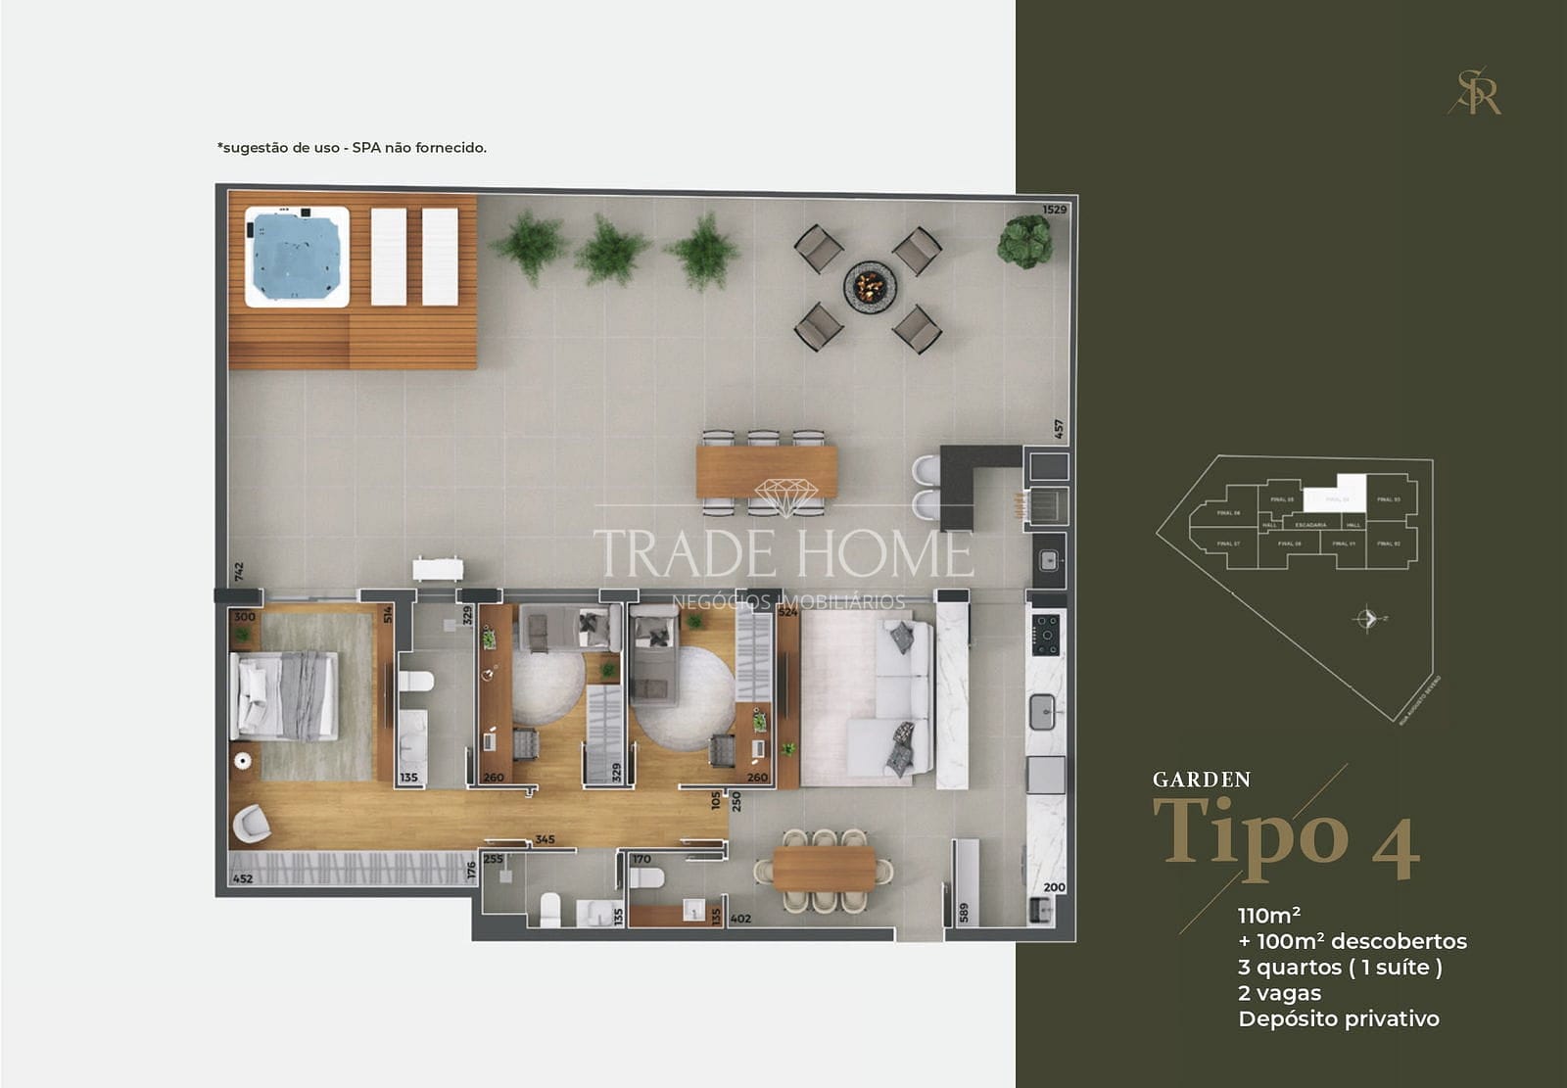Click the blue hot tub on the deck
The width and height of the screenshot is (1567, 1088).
pos(297,257)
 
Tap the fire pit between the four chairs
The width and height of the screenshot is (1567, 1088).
pos(870,287)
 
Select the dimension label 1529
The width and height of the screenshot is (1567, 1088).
pos(1054,210)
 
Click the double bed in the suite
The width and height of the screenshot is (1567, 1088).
pos(284,695)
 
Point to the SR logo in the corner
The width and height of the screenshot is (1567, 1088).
pos(1476,91)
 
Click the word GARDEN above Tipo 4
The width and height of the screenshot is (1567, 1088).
pos(1202,780)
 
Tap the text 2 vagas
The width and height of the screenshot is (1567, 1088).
pos(1279,993)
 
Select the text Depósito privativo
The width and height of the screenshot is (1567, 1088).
pos(1338,1018)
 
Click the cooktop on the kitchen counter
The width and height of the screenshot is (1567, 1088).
pos(1045,635)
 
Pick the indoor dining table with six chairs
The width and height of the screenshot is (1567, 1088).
pos(824,870)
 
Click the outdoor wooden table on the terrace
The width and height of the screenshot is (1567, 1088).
pos(767,472)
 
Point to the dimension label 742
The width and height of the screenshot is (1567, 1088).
pos(238,572)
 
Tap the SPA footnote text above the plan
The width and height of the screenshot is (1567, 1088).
pos(352,148)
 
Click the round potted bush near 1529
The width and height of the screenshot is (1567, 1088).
pos(1024,241)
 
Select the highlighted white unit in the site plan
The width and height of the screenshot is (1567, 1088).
pos(1338,490)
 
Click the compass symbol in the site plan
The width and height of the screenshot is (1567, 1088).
pos(1368,619)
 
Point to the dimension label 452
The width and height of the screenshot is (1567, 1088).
pos(242,878)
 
